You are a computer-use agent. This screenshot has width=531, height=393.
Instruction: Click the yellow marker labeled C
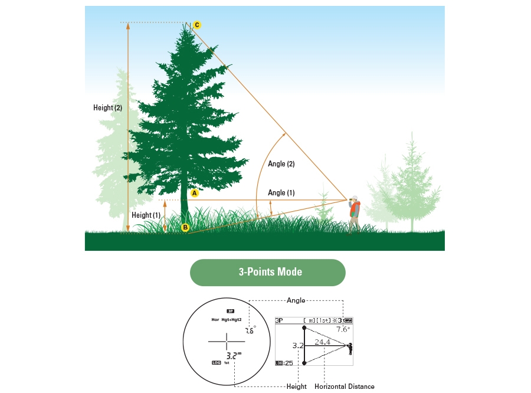pos(197,25)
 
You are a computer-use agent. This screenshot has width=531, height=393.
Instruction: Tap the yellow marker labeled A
pos(195,192)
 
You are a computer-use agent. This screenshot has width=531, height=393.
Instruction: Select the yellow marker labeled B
pos(185,227)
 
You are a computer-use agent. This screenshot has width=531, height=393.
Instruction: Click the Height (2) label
pos(108,108)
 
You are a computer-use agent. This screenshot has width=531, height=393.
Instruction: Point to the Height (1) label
pos(146,215)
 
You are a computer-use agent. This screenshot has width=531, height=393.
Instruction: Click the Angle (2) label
pos(281,164)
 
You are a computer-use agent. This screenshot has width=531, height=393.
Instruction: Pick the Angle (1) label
pos(281,193)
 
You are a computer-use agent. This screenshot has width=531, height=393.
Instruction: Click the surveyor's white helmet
pos(355,198)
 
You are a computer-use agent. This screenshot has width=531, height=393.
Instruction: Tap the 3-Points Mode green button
pos(267,272)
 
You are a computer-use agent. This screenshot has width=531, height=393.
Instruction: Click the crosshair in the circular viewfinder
pos(227,341)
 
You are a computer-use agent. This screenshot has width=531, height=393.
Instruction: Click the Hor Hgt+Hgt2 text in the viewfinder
pos(227,320)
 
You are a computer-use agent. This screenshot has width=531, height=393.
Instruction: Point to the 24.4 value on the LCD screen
pos(322,342)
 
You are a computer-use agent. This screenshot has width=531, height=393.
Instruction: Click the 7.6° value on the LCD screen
pos(343,329)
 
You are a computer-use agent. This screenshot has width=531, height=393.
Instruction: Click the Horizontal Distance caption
pos(345,387)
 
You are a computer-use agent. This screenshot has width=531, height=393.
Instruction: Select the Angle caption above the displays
pos(296,300)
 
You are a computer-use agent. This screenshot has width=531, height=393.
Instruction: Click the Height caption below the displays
pos(297,387)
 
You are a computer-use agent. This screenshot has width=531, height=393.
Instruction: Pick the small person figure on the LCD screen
pos(350,348)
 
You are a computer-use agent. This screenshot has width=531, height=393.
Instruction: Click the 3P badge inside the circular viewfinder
pos(231,311)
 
